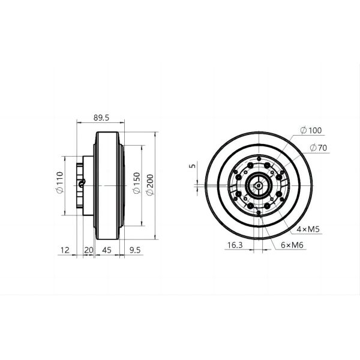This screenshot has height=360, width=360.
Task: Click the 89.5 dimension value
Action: (101, 118)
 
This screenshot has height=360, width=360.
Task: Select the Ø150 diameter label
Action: (136, 183)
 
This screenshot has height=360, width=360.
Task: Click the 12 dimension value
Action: (65, 249)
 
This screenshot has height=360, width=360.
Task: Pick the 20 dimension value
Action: (88, 249)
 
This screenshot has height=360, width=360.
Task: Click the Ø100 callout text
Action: (310, 130)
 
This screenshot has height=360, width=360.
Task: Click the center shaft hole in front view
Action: (259, 185)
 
